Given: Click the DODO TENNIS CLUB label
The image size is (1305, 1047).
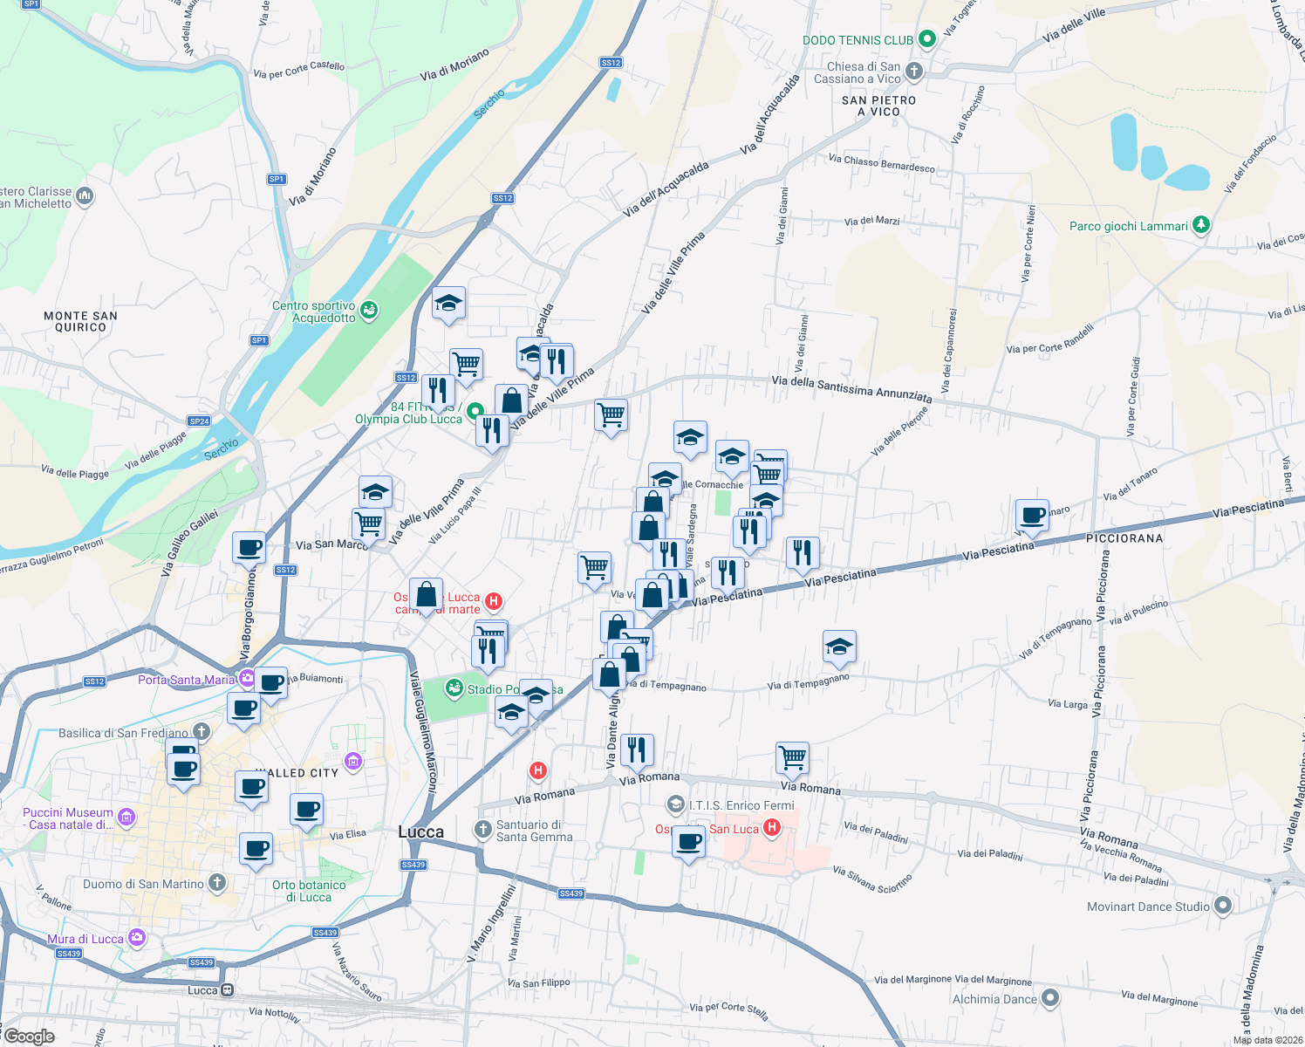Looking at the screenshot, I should pos(857,40).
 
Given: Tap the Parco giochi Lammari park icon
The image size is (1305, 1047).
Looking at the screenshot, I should pos(1201,225).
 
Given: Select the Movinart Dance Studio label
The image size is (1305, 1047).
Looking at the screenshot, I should pos(1148,907).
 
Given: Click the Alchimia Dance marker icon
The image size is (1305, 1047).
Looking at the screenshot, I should pos(1050,997).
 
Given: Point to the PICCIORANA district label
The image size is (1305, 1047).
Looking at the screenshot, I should pos(1124,538).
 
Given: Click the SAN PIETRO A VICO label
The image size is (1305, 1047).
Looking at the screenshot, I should pos(878,106).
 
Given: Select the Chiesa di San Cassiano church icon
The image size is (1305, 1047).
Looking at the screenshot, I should pos(914,71).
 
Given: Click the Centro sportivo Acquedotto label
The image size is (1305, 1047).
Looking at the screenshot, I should pos(314,311).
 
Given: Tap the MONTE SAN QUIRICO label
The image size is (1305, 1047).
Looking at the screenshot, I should pos(80,321).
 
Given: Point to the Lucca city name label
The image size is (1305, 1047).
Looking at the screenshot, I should pos(420,831).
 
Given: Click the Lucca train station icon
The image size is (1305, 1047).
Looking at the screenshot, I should pos(228,990).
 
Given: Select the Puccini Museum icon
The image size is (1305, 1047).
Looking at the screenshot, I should pos(126,818).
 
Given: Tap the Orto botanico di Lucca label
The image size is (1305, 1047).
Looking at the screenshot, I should pos(309,891).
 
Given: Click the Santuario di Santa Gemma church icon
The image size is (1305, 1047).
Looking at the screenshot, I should pos(483,829).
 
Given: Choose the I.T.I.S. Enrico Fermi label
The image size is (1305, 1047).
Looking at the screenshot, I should pos(741,805).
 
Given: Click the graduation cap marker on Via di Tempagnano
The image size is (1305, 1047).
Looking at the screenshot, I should pos(839,647).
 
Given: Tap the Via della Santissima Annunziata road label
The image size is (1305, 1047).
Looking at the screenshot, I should pos(851,389).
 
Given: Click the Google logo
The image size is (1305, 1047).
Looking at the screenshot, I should pos(29,1037).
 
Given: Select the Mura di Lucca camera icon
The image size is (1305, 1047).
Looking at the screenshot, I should pos(136,938).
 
